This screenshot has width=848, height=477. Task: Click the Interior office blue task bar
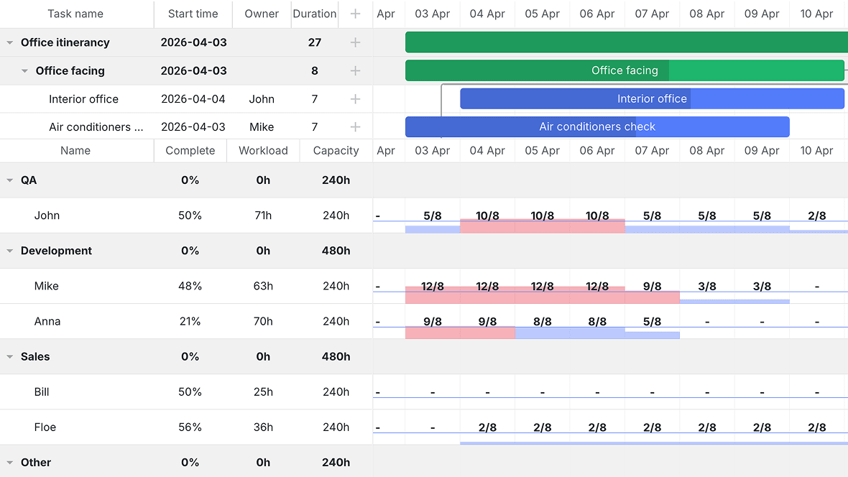coord(652,99)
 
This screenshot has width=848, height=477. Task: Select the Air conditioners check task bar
coord(597,126)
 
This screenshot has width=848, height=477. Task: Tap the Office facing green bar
coord(625,70)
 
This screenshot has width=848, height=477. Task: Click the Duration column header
coord(314,14)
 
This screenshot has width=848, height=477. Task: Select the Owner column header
coord(261,14)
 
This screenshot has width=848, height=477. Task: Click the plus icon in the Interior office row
coord(355,99)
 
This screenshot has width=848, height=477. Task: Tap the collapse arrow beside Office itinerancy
coord(10,42)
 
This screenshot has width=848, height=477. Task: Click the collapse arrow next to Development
coord(10,251)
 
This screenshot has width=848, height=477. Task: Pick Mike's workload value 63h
coord(263,286)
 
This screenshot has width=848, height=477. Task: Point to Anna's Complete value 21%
coord(190,321)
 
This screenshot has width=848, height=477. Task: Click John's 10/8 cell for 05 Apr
coord(542,216)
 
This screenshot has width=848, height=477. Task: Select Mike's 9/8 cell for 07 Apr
coord(652,286)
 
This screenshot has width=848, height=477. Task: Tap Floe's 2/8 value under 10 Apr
coord(816,427)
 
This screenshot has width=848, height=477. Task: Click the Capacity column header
coord(336,150)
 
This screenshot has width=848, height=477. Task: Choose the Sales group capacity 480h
coord(336,356)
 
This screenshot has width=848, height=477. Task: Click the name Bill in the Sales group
coord(42,392)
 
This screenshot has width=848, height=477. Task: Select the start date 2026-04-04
coord(193,99)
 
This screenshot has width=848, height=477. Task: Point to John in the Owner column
coord(262,99)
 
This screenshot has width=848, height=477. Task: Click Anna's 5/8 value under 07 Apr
coord(652,321)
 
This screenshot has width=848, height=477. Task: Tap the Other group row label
coord(36,463)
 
